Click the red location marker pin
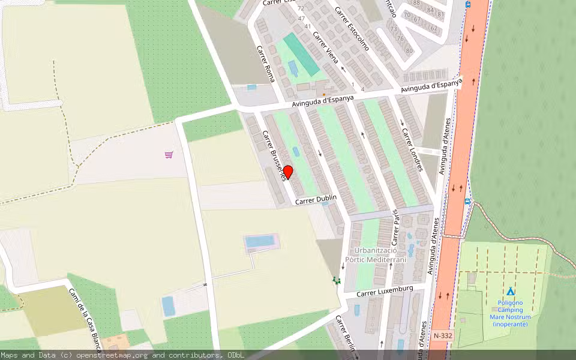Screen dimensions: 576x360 pos(287,172)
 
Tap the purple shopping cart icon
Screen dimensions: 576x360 pos(169,155)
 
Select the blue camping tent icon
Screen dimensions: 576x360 pos(510,291)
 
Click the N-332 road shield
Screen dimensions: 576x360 pos(442,336)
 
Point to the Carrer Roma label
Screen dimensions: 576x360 pos(266,64)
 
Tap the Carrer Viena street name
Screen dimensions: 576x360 pos(326,48)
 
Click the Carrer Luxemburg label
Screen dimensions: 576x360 pos(385,292)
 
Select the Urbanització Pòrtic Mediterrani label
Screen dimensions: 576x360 pos(380,255)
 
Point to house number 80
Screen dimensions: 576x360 pos(409,50)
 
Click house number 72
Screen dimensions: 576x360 pos(301,8)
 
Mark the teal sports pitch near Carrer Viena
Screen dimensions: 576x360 pos(301,54)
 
